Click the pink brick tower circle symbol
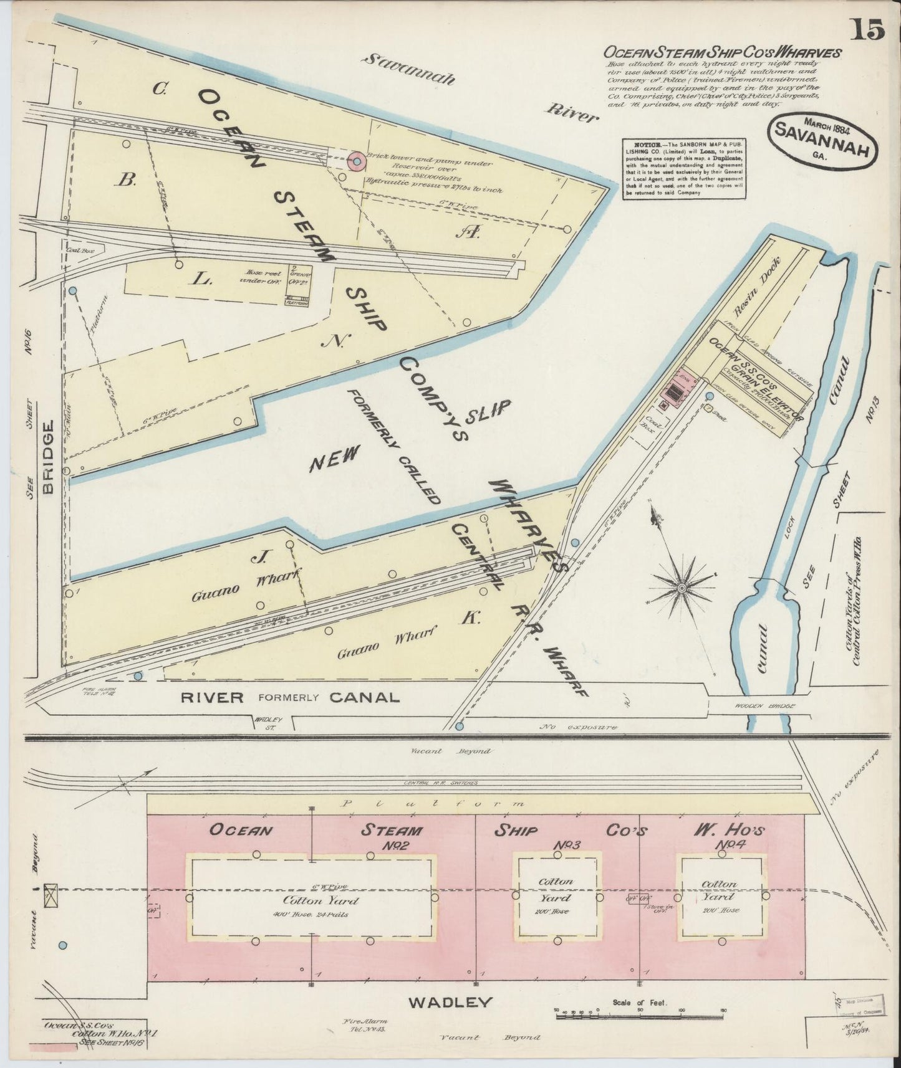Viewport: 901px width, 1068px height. pos(357,162)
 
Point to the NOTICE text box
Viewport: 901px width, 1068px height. pos(685,169)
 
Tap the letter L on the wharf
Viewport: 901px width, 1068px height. pos(201,279)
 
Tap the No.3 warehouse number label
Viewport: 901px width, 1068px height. pos(567,844)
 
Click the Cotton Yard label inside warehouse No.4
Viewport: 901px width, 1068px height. pos(719,890)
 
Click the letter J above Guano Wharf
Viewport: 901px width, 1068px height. pos(254,558)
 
